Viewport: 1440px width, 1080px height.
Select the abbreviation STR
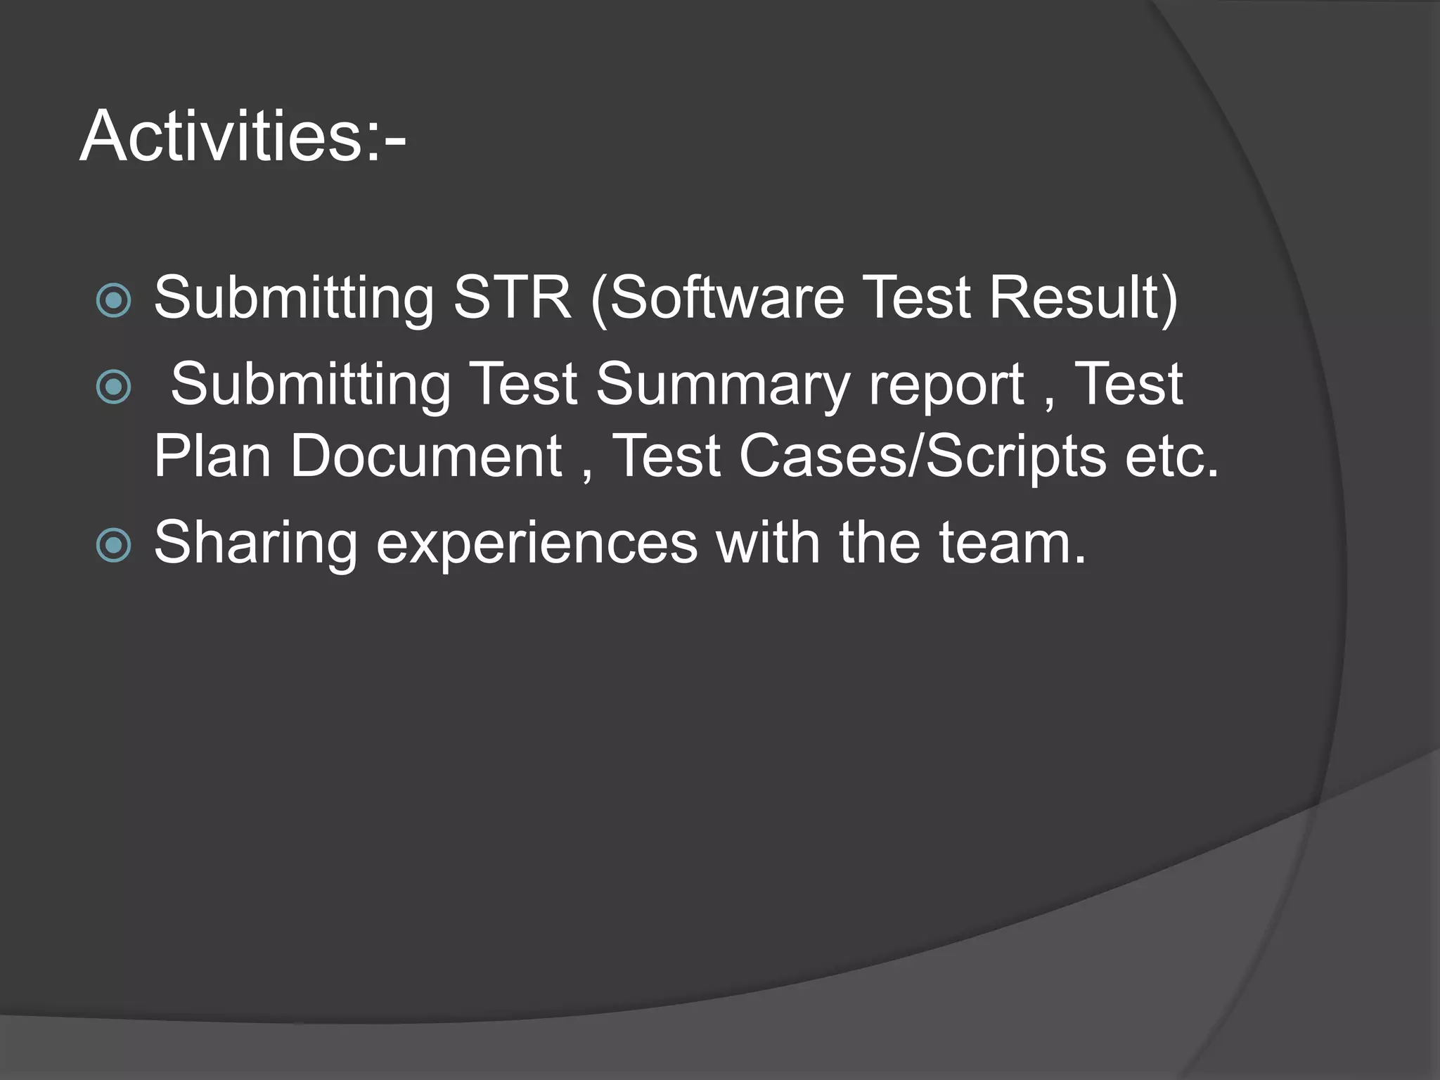[512, 297]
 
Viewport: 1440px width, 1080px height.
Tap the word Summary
[723, 385]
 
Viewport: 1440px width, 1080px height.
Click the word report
[946, 385]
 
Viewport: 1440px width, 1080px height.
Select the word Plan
[212, 456]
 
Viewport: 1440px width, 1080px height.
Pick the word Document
[426, 456]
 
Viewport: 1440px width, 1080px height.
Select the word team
[1012, 544]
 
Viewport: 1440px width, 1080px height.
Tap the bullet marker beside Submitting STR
[113, 301]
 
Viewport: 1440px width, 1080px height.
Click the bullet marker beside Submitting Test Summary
[113, 387]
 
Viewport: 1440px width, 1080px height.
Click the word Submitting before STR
[294, 299]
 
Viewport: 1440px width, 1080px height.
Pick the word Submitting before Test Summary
[311, 386]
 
